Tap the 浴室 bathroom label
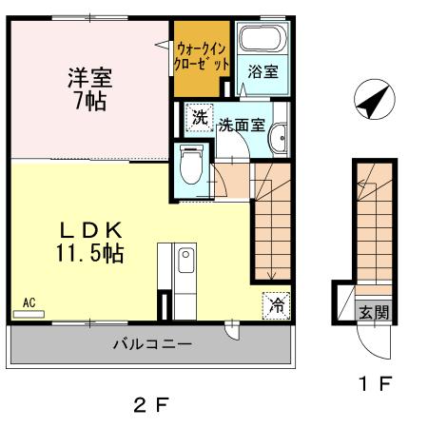(x=262, y=71)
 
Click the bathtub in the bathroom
(x=260, y=41)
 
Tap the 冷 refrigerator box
(x=276, y=305)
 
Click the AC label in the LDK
(x=29, y=303)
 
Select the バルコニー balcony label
(x=153, y=343)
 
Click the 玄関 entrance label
(x=372, y=311)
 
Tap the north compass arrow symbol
(x=370, y=102)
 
